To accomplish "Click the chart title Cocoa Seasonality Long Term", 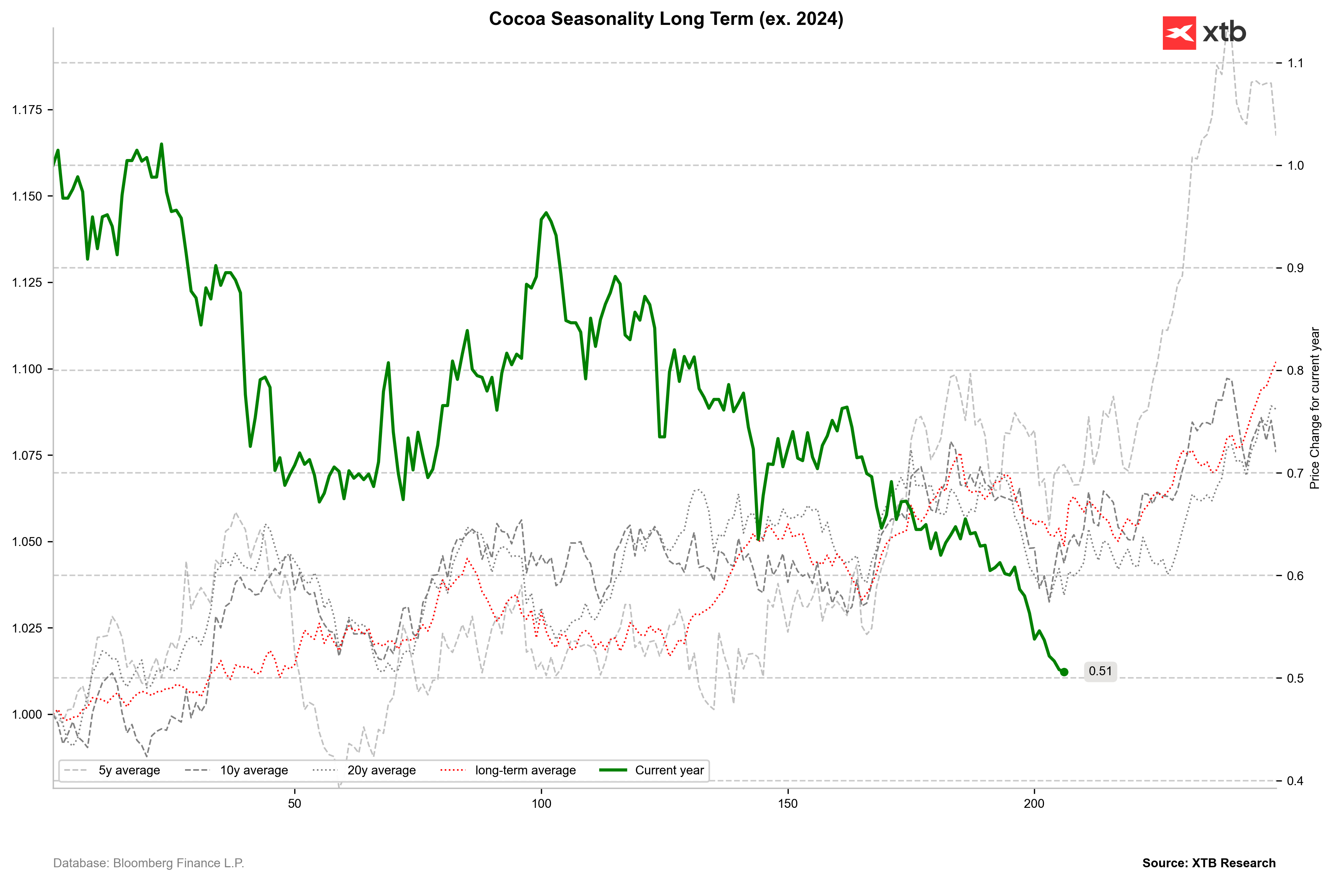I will (x=665, y=19).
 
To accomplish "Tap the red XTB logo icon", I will (x=1179, y=33).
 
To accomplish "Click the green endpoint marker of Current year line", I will (x=1064, y=672).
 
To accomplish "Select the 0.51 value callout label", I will (x=1100, y=672).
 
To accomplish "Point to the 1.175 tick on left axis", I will (x=27, y=110).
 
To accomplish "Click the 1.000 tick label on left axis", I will (x=27, y=715).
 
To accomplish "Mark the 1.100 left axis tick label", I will (x=27, y=369).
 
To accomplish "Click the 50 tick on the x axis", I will (x=295, y=803).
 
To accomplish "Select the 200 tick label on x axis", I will (x=1034, y=803).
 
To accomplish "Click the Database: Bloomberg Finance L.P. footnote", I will (x=148, y=863).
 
